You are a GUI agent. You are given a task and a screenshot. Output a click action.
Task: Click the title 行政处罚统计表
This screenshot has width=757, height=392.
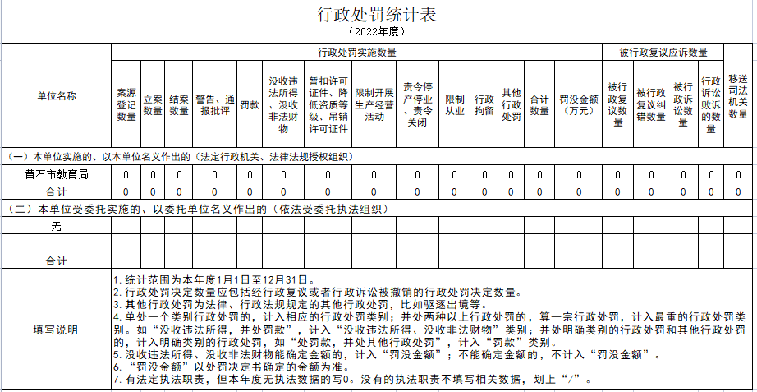[378, 15]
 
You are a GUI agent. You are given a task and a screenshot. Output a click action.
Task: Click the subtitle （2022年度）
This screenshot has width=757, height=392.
[378, 31]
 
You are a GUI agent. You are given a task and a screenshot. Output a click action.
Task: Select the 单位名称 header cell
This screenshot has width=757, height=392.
[56, 95]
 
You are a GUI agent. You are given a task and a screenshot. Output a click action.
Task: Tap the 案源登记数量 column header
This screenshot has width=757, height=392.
[126, 104]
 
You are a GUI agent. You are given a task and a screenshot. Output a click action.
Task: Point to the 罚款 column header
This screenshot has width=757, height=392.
[250, 104]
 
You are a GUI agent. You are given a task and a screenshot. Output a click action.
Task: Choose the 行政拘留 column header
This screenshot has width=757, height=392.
[484, 104]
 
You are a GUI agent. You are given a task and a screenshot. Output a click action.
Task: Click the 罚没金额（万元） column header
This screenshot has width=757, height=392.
[579, 104]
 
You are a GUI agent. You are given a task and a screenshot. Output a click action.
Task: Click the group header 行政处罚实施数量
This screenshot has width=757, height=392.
[357, 52]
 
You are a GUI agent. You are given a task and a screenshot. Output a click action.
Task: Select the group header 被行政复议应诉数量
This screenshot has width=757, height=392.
[663, 52]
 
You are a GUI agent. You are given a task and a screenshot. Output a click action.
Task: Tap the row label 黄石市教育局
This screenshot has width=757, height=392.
[56, 174]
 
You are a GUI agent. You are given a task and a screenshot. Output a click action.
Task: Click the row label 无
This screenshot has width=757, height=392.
[56, 226]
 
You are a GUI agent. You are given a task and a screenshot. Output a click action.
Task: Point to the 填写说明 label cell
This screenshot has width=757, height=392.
[56, 330]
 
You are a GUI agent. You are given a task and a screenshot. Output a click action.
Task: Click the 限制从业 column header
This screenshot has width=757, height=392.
[454, 104]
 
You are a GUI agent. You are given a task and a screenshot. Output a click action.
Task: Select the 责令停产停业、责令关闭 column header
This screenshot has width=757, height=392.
[417, 104]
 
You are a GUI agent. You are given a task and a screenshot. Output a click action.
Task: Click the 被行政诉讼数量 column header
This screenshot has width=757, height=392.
[683, 104]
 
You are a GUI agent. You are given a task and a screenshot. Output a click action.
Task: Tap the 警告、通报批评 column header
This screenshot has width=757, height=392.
[215, 104]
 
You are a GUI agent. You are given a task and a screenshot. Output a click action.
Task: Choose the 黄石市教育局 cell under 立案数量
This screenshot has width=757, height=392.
[153, 174]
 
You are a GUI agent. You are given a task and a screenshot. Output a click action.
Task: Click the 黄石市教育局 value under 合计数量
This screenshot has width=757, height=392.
[539, 174]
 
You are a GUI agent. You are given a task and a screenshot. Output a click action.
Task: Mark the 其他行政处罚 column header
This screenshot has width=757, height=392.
[512, 104]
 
